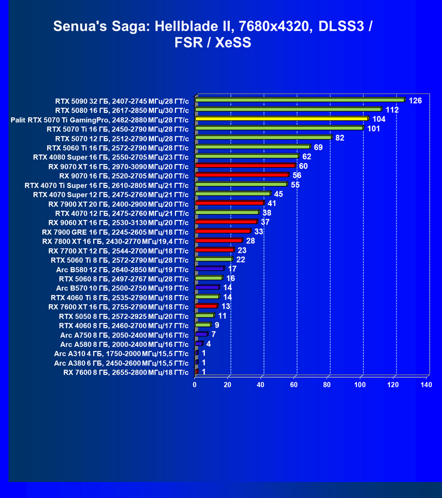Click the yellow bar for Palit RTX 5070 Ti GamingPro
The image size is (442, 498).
coord(281,119)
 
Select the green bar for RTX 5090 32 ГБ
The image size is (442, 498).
coord(300,100)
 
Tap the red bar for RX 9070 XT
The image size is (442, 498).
coord(245,166)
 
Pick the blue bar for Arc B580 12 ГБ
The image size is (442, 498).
coord(210,268)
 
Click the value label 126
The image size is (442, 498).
coord(415,101)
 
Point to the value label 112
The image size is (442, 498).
coord(392,110)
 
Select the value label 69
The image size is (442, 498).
coord(319,147)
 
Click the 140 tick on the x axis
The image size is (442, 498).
coord(426,385)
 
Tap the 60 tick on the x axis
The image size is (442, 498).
coord(294,385)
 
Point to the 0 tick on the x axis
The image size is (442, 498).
coord(195,385)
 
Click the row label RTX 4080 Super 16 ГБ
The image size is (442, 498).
coord(111,157)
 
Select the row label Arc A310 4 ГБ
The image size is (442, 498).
coord(121,353)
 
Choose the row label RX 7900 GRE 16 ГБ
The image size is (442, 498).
coord(115,232)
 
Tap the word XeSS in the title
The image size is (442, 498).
coord(233,43)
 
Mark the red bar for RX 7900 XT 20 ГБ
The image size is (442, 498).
coord(229,203)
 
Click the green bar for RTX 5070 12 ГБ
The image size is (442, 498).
coord(263,137)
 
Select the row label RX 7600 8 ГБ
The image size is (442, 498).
coord(126,372)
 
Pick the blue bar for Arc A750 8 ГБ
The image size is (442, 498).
coord(201,334)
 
